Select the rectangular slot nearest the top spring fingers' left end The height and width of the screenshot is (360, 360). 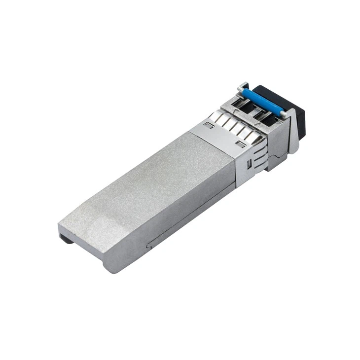pos(209,125)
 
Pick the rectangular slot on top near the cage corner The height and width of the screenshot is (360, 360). pos(241,144)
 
